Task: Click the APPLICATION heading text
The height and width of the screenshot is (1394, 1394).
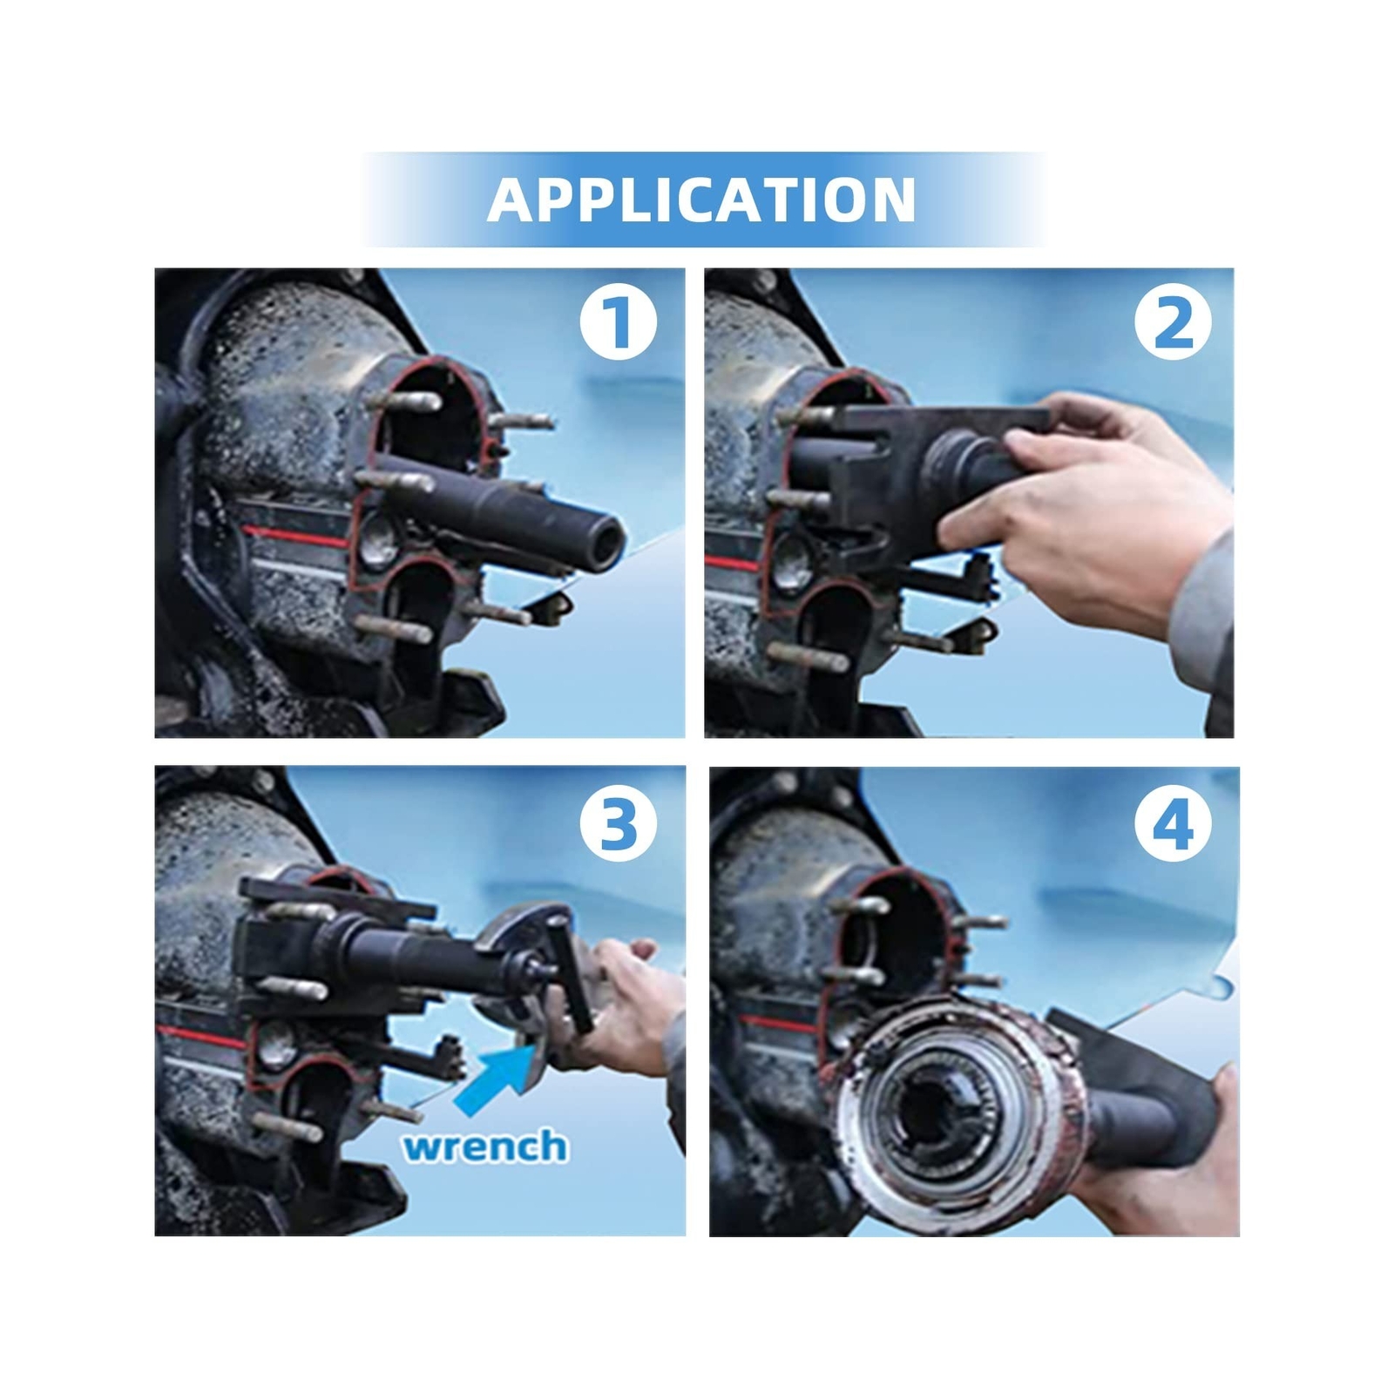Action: pos(701,200)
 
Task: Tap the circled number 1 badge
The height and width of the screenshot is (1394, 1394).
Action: pos(619,322)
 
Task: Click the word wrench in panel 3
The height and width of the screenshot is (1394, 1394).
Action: pos(484,1146)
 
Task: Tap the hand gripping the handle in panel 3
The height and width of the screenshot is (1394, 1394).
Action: pos(623,1011)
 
